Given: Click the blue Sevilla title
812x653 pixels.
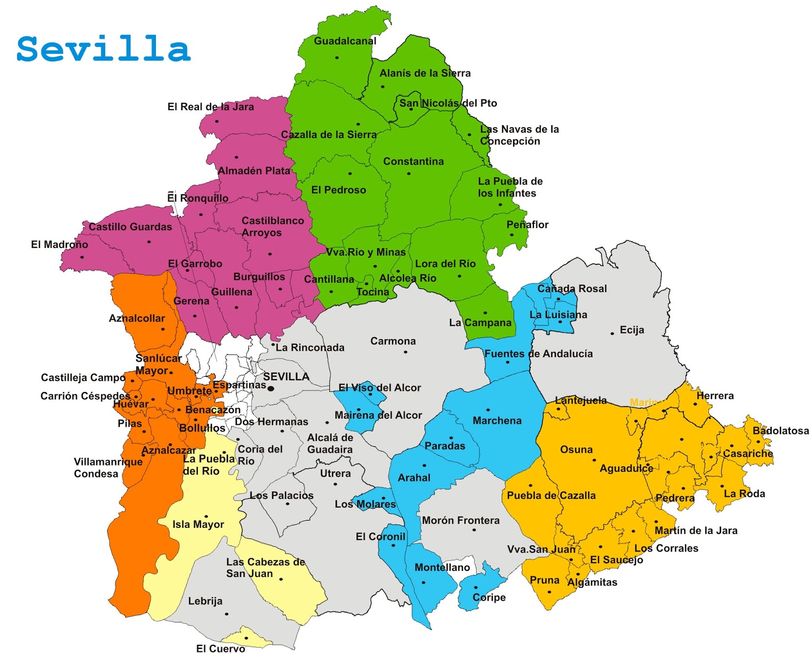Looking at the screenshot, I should (x=104, y=49).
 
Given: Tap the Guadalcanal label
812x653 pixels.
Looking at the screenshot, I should (x=345, y=41).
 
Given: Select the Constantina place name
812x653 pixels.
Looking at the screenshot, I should (x=413, y=161).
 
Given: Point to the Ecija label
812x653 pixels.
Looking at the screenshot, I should (x=632, y=330).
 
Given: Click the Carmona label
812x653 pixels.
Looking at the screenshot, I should (x=393, y=341).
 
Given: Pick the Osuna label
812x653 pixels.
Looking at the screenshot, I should (x=576, y=450).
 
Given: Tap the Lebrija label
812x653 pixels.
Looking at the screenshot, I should (x=205, y=601).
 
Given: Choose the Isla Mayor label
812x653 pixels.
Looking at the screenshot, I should (x=198, y=525).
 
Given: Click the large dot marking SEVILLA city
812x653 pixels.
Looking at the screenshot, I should (x=271, y=389).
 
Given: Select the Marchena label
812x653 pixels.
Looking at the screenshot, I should (x=497, y=421).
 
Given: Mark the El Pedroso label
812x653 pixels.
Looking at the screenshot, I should (x=339, y=190).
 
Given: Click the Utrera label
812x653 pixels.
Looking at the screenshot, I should (x=335, y=474).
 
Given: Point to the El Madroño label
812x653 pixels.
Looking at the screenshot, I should (x=59, y=245).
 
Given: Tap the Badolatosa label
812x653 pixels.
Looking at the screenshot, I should (x=781, y=431).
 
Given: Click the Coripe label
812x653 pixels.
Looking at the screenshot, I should (x=489, y=597).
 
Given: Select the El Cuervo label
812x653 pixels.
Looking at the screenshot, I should (x=220, y=648).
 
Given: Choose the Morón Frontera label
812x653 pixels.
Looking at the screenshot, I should (x=461, y=521).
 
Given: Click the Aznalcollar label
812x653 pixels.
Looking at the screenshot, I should (x=137, y=318).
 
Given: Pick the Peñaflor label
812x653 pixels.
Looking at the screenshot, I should (x=527, y=225).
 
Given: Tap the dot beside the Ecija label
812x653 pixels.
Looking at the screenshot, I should (x=612, y=334).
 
